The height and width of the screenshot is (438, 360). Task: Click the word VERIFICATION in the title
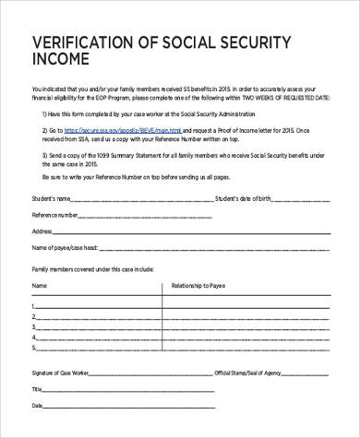84,43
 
